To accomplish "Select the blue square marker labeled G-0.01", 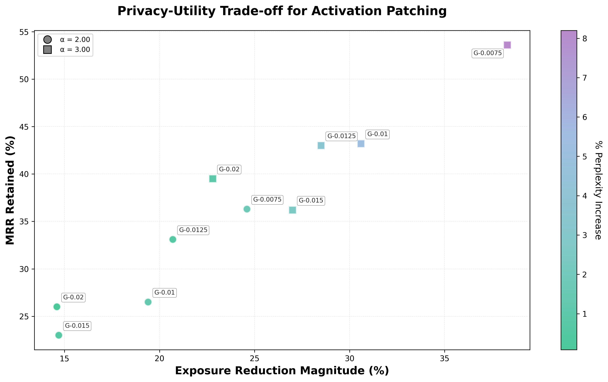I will point(361,144).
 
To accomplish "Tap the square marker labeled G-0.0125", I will point(321,146).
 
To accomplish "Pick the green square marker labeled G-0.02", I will point(213,179).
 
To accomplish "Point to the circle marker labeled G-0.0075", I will point(247,209).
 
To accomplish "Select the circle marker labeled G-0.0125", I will point(173,239).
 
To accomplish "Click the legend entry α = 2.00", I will point(75,40).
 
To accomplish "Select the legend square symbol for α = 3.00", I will point(47,50).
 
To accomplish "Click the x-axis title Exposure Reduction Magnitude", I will point(282,371).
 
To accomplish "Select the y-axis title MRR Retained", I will point(10,190).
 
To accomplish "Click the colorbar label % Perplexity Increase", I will point(598,190).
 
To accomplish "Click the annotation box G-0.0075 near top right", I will point(488,53).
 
